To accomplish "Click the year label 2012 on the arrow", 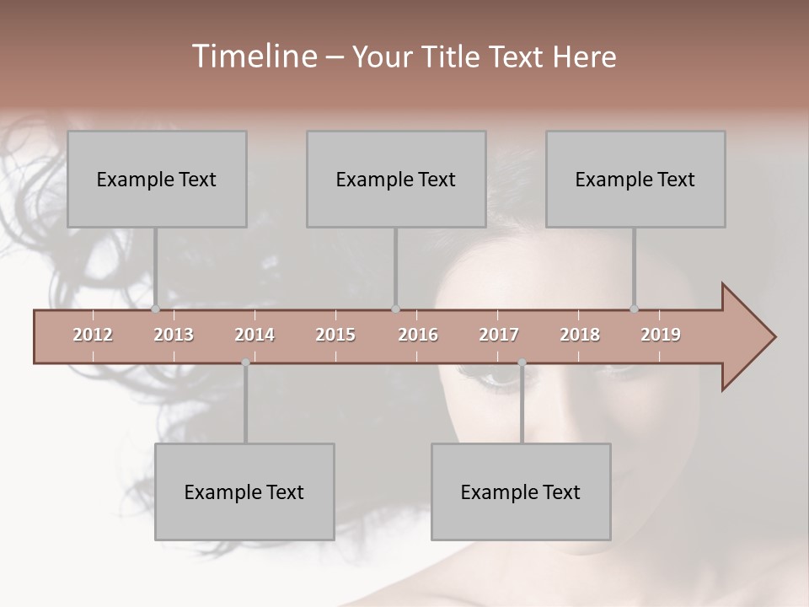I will [93, 336].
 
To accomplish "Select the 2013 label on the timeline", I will [174, 336].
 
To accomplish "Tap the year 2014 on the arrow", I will [254, 336].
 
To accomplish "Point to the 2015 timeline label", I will [335, 336].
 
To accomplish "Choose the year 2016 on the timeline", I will [418, 336].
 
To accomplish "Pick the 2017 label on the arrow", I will [499, 336].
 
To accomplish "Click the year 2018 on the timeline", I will [580, 336].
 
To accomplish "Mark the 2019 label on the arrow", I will [661, 336].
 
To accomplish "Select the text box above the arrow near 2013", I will [157, 179].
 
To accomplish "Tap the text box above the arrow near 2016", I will [396, 179].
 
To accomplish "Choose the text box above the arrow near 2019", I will [635, 179].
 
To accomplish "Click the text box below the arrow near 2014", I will [244, 492].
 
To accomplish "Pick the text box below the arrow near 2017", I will [521, 492].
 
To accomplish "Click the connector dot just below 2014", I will [245, 363].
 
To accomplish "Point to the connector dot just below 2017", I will [522, 363].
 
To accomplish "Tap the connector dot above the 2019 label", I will [634, 309].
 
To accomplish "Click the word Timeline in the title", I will [253, 56].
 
